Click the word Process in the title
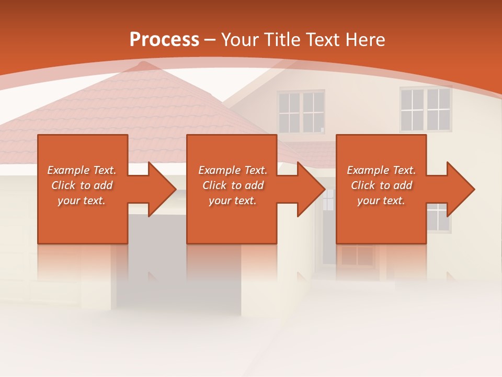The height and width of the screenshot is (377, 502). pos(164,40)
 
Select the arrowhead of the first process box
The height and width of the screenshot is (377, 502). pos(162,189)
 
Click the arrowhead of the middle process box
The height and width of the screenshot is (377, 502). pos(311,189)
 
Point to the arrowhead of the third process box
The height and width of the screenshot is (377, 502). pos(460,189)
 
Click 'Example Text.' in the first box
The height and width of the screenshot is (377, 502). pos(82,170)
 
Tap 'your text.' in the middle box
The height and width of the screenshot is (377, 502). pos(233,201)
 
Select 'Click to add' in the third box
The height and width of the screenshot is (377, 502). pos(381,185)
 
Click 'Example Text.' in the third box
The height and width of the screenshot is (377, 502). pos(381,170)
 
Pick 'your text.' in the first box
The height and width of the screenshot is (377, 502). pos(82,201)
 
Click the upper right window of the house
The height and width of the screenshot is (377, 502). pos(426,109)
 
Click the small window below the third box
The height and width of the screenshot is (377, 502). pos(357,256)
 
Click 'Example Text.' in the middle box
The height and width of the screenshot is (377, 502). pos(233,170)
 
